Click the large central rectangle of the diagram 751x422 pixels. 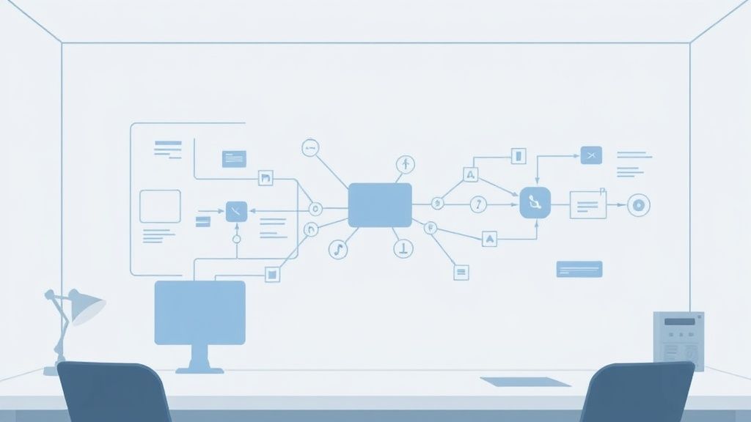pos(379,205)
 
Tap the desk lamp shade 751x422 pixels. pos(87,306)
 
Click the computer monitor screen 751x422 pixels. pos(199,312)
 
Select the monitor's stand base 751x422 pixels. pos(199,368)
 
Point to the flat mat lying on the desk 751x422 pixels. pos(525,382)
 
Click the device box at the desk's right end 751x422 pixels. pos(678,341)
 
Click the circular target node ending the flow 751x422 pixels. pos(639,205)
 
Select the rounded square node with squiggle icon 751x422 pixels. pos(535,202)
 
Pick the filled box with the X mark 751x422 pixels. pos(591,155)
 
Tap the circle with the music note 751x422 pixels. pos(338,249)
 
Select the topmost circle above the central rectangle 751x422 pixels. pos(405,163)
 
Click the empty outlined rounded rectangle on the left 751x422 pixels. pos(160,206)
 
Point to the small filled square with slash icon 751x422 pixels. pos(236,212)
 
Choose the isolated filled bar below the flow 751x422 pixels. pos(579,269)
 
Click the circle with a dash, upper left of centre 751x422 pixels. pos(311,148)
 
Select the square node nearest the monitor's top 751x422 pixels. pos(272,274)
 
